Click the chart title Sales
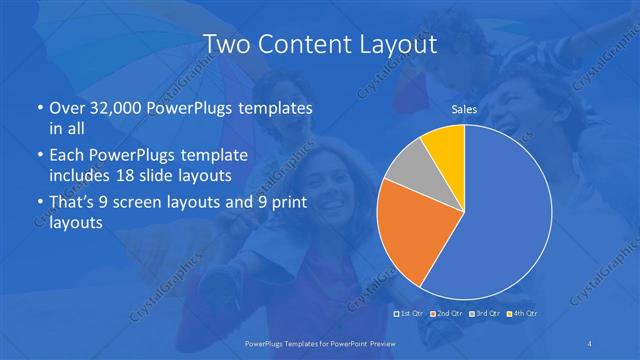click(x=463, y=109)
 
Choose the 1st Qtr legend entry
click(x=412, y=315)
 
